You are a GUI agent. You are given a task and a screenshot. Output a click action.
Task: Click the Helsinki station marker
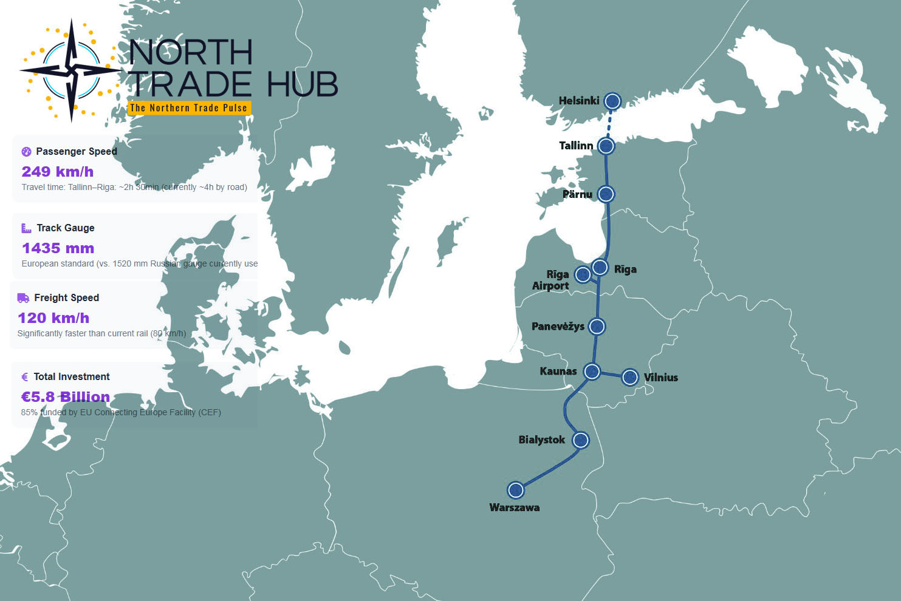click(x=612, y=101)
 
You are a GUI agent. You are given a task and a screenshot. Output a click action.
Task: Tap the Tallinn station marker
click(x=606, y=146)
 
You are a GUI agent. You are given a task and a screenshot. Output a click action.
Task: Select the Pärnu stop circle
click(x=606, y=194)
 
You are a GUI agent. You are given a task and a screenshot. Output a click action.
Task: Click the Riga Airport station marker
click(x=583, y=274)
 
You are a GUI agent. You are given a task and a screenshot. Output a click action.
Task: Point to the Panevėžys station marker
click(x=597, y=327)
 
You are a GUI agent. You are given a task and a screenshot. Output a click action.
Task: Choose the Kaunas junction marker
click(x=592, y=371)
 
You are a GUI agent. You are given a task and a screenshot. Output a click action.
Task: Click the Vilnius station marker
click(x=630, y=378)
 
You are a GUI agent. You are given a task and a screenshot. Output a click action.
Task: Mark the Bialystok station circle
click(x=581, y=440)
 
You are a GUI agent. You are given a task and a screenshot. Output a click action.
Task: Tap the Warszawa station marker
click(x=516, y=489)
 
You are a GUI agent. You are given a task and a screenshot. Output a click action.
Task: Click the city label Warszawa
click(x=514, y=508)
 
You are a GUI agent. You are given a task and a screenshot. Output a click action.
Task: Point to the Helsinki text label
click(x=578, y=101)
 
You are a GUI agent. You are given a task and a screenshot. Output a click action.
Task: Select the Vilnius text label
click(x=660, y=378)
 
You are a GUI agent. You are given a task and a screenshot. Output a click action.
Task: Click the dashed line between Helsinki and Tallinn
click(x=609, y=124)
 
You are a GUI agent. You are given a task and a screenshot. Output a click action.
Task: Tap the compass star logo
click(x=71, y=70)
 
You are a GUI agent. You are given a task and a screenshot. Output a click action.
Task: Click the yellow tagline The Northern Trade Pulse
click(x=188, y=108)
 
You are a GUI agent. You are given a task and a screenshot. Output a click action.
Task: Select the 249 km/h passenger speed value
click(x=58, y=172)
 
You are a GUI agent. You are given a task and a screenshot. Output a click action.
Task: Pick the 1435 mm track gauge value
click(x=58, y=248)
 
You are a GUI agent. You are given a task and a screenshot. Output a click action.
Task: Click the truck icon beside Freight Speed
click(x=23, y=298)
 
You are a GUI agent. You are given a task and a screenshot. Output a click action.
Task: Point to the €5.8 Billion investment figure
click(x=66, y=397)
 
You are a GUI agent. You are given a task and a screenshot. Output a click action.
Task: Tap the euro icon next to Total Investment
click(x=25, y=377)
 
